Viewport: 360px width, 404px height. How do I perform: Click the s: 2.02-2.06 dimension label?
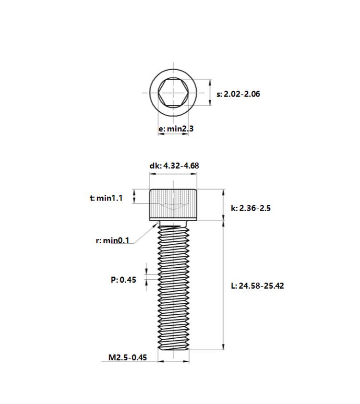tap(238, 94)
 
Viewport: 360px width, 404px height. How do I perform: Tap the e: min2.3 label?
tap(176, 129)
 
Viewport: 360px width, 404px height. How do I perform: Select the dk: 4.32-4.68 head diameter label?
tap(174, 166)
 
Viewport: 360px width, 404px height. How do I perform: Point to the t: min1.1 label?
tap(106, 198)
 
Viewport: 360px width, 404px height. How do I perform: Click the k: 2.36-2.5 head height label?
tap(251, 208)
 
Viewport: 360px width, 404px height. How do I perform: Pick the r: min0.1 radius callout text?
tap(112, 241)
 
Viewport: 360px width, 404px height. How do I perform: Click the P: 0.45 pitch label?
tap(123, 280)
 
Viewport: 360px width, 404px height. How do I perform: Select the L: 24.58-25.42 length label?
tap(257, 286)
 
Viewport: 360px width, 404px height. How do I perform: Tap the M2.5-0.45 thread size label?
tap(128, 357)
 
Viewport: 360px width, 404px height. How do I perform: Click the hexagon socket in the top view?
tap(173, 93)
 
